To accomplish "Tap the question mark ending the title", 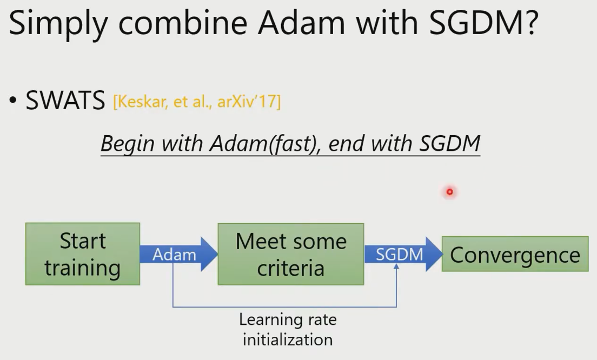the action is (530, 23).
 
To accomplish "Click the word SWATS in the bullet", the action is (65, 101).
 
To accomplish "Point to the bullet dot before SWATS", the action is (13, 101).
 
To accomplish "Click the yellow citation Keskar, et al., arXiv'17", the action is (197, 102).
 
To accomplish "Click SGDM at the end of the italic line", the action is (449, 143).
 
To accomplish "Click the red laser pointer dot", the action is (450, 192).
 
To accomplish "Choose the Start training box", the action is (83, 254).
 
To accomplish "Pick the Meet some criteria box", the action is (291, 254).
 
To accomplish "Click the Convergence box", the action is (515, 254).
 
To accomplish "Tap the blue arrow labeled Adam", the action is (178, 254).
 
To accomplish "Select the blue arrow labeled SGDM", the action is (403, 254).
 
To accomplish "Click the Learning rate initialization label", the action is (288, 329).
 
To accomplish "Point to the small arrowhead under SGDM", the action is (396, 266).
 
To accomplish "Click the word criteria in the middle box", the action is (290, 268).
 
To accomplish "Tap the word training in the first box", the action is (83, 268).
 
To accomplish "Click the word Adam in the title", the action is (302, 23).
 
